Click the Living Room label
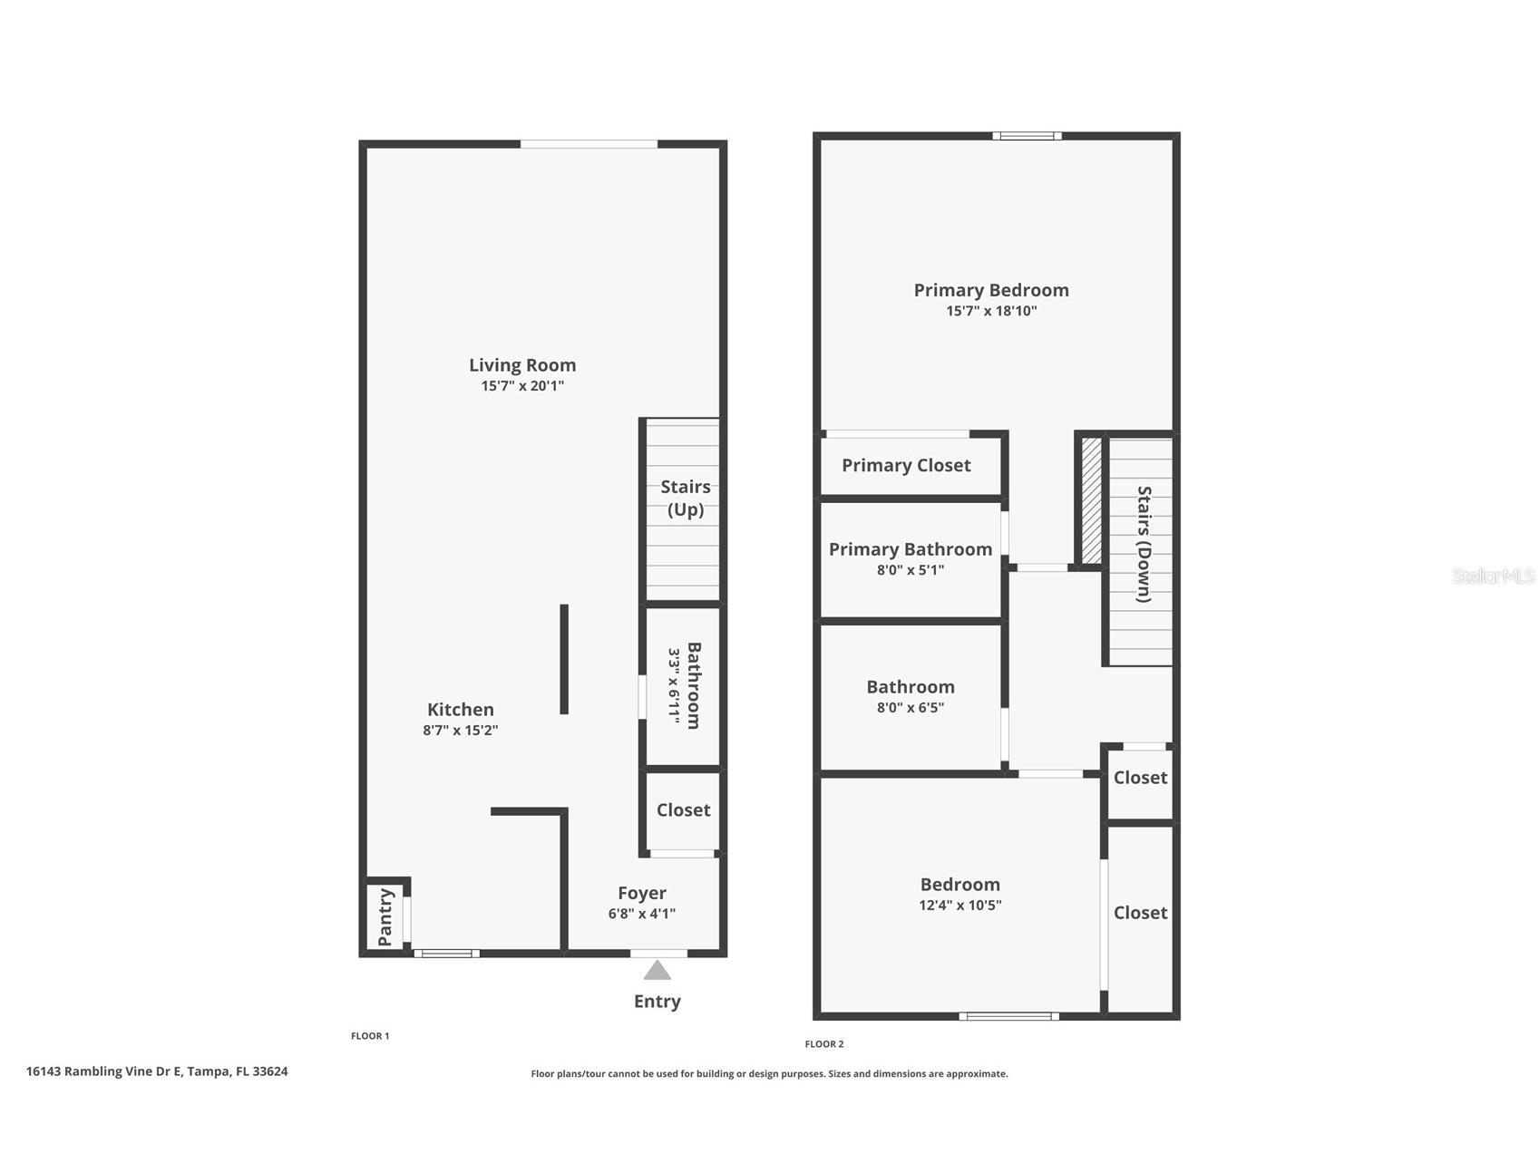521,365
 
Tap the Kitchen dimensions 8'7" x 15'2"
460,731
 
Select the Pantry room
385,916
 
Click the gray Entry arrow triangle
657,971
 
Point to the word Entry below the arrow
657,1002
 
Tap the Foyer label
641,894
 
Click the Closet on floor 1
683,810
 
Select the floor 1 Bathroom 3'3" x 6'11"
685,685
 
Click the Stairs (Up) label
685,498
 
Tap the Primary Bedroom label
990,290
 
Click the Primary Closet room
906,466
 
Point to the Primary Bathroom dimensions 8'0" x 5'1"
910,570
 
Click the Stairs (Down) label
1145,545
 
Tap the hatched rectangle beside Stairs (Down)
1091,500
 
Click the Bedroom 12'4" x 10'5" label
959,885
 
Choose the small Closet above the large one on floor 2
1140,778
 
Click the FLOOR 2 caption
823,1044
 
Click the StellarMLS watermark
1493,576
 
